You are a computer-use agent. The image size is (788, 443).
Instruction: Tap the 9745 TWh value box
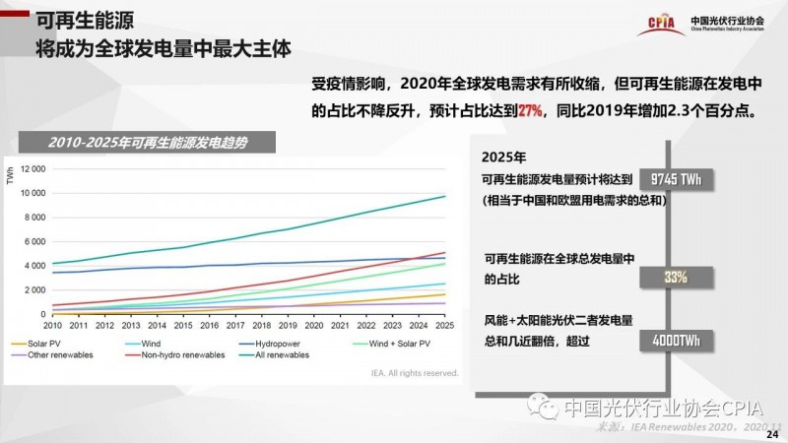pos(676,179)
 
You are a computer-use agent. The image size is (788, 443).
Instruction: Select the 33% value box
pos(676,278)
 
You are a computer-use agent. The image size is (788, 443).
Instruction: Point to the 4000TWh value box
pos(676,340)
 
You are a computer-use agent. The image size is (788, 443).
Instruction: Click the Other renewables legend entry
pos(48,354)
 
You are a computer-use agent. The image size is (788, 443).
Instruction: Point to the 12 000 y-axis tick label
pos(33,168)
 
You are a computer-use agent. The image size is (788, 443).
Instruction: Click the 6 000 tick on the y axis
pos(35,241)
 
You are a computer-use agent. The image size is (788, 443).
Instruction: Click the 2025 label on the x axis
pos(444,325)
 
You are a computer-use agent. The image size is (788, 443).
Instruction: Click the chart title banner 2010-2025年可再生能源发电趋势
pos(148,143)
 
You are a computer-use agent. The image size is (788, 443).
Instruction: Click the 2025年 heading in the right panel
pos(505,158)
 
